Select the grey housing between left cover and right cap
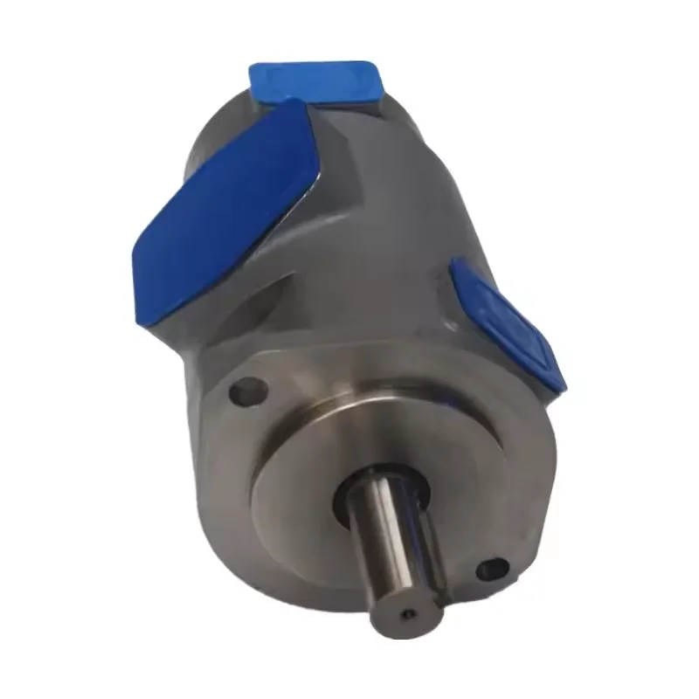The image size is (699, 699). click(384, 262)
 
